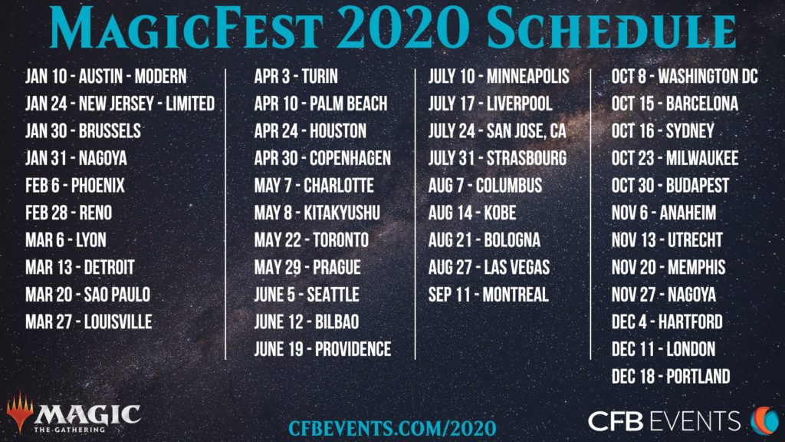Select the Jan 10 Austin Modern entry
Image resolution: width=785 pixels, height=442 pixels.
tap(106, 76)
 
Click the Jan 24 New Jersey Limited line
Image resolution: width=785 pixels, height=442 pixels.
tap(120, 104)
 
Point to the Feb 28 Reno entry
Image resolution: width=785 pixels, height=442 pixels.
tap(68, 213)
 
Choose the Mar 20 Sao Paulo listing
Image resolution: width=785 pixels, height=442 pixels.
tap(87, 294)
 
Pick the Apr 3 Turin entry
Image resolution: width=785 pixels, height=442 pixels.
tap(296, 76)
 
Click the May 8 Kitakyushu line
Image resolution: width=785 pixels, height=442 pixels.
tap(317, 213)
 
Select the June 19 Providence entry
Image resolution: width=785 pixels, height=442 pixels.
tap(323, 349)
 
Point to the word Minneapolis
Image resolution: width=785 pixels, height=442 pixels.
tap(528, 76)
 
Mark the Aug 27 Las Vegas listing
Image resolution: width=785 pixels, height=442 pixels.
tap(494, 267)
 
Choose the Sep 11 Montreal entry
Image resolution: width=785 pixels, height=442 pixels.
tap(488, 294)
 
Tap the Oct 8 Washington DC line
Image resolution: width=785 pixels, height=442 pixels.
tap(685, 76)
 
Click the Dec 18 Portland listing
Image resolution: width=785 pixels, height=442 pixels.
tap(671, 376)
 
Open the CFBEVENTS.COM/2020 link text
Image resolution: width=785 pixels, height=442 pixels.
tap(392, 427)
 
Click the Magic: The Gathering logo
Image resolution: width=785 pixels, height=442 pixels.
tap(74, 414)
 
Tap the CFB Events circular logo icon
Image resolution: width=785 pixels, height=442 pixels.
tap(764, 419)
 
